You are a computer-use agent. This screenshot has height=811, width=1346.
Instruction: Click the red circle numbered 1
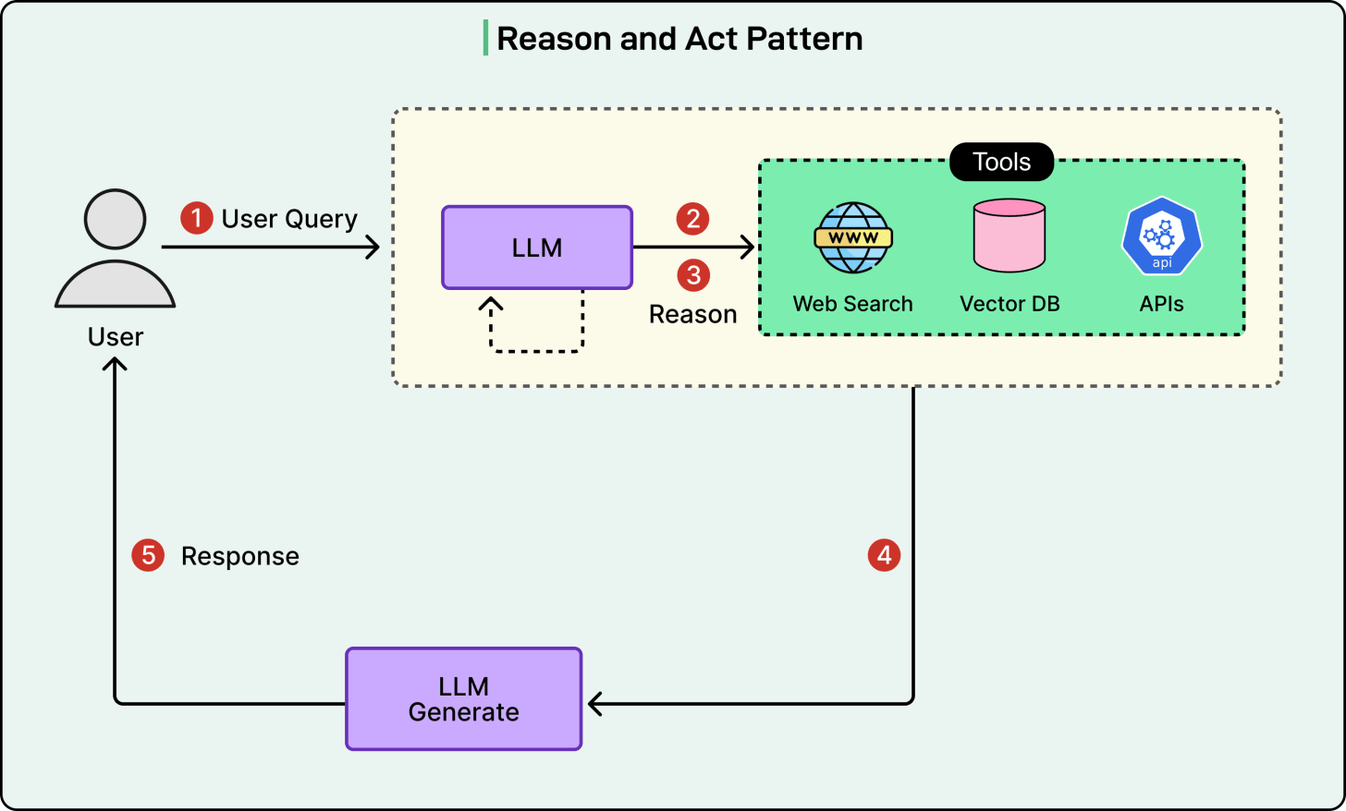(196, 219)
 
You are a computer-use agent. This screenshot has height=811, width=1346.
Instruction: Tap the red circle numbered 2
(692, 219)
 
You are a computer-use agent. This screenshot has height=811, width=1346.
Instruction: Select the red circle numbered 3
(693, 275)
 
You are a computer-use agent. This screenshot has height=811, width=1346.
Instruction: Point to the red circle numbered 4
(884, 555)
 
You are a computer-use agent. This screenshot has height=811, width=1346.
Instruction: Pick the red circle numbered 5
(148, 555)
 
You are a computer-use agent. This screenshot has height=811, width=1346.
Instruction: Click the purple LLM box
(537, 248)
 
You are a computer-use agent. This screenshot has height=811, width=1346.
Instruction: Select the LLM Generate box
(463, 699)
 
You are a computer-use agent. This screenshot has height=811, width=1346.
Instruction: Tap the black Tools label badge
(1001, 162)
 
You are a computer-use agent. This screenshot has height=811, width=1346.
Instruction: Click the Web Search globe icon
(852, 237)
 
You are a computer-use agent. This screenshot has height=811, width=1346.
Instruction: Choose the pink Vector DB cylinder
(1009, 236)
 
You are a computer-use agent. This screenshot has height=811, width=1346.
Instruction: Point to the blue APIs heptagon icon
(1161, 236)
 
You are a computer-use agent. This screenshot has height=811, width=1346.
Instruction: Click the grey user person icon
(115, 248)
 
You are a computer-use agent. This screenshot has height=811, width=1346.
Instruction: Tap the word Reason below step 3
(692, 315)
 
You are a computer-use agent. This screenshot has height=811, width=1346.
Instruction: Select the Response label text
(239, 556)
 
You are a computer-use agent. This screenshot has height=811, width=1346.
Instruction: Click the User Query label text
(289, 219)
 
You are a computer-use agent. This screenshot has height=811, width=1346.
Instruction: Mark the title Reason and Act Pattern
(679, 39)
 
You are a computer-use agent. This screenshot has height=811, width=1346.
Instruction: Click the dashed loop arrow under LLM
(536, 349)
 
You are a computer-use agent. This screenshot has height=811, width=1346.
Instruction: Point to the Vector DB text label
(1009, 304)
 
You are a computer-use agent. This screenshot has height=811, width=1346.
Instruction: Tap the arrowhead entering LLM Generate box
(594, 704)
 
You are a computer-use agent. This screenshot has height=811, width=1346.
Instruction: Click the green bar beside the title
(485, 38)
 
